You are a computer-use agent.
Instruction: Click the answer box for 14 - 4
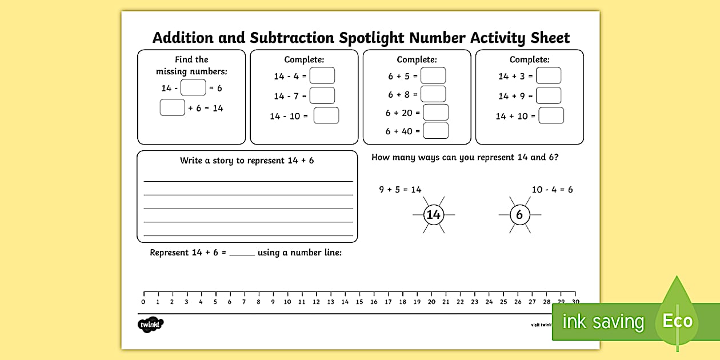click(x=322, y=76)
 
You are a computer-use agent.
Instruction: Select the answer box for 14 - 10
click(x=326, y=116)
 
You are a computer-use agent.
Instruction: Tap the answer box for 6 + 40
click(x=435, y=131)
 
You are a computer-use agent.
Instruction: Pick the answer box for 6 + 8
click(x=433, y=94)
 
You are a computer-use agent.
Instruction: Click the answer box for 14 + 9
click(x=549, y=96)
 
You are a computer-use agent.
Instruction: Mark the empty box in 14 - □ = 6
click(x=193, y=88)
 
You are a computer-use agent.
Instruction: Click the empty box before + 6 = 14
click(x=172, y=107)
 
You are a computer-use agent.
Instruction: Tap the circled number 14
click(x=434, y=215)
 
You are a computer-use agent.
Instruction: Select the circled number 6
click(x=519, y=215)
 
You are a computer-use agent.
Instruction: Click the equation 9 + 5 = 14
click(x=400, y=190)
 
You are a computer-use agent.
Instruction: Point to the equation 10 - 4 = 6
click(x=552, y=190)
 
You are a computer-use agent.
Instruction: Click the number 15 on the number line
click(x=359, y=302)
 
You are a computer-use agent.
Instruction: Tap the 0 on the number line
click(x=143, y=302)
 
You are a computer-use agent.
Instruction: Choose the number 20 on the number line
click(x=431, y=302)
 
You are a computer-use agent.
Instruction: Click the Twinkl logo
click(x=150, y=325)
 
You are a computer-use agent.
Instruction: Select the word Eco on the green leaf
click(x=677, y=321)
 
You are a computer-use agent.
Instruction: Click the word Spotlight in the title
click(x=372, y=38)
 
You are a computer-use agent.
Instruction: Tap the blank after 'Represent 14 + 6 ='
click(x=242, y=253)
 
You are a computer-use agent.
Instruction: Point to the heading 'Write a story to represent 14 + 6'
click(x=247, y=161)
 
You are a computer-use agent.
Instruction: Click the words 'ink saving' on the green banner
click(x=603, y=322)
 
